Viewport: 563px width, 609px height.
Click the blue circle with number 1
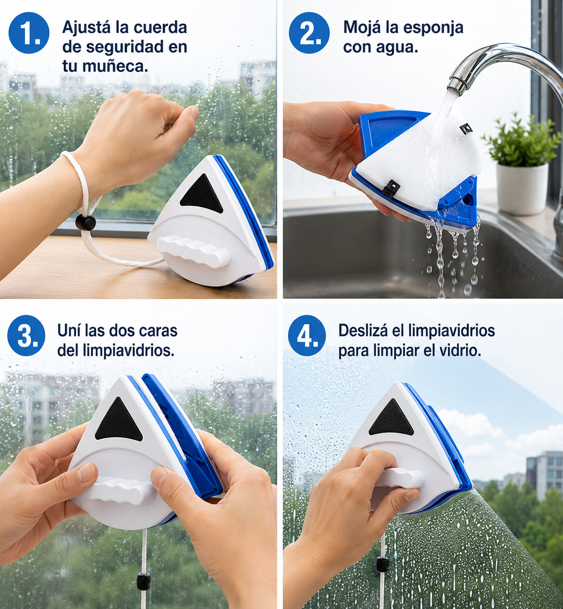[x=29, y=33]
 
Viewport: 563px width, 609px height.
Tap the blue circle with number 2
[x=309, y=33]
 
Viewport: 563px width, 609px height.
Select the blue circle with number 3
[x=26, y=335]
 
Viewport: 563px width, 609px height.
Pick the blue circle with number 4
[x=307, y=335]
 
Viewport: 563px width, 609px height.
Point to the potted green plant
[x=521, y=141]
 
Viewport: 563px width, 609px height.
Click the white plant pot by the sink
[x=522, y=188]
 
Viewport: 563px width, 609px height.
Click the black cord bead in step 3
[x=143, y=579]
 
